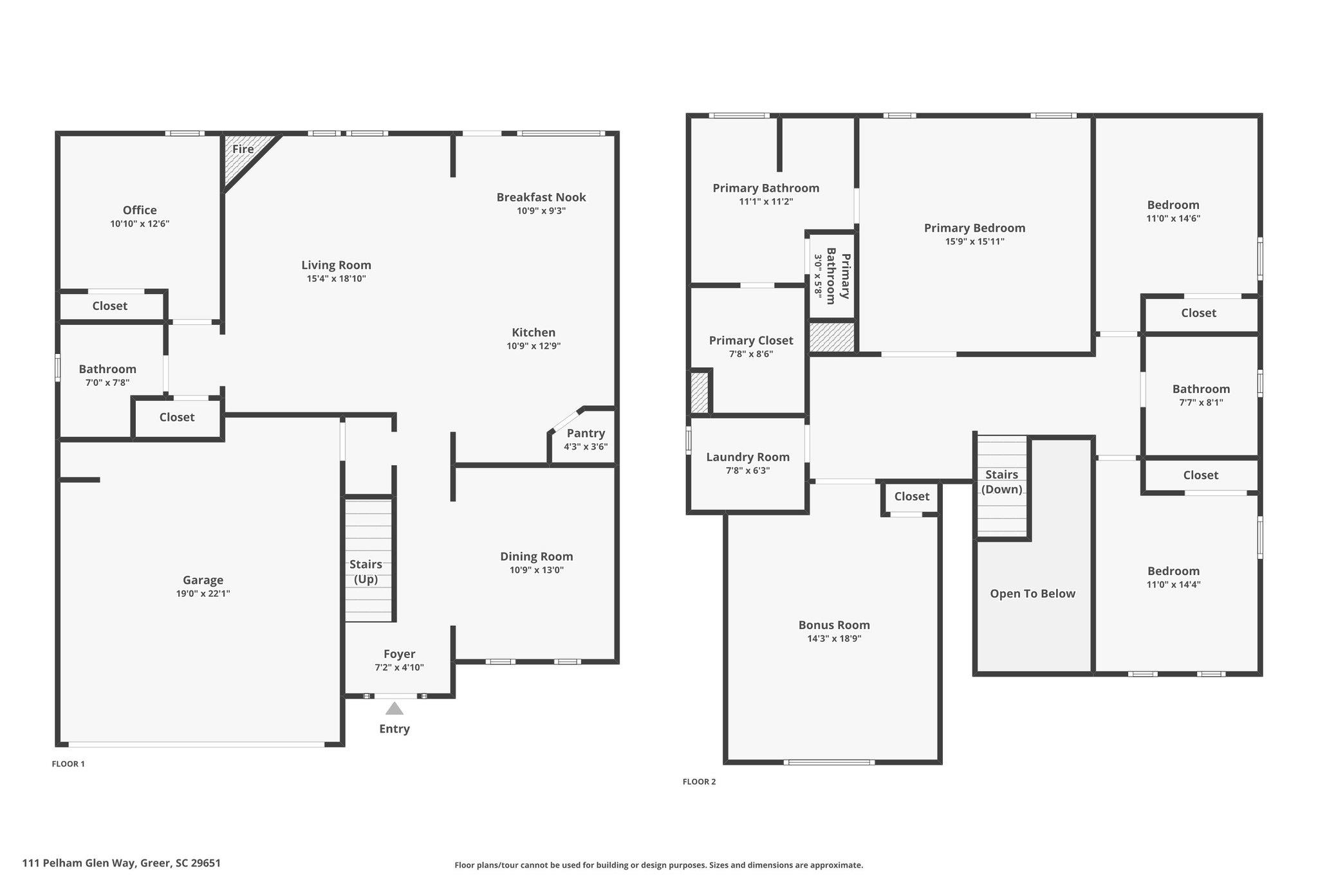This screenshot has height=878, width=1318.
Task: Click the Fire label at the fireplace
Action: (x=243, y=149)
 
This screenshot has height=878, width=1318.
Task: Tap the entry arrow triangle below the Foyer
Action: (x=394, y=708)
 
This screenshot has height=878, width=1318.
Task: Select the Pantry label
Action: (x=586, y=434)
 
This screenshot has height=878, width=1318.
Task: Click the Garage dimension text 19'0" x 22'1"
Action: (x=203, y=594)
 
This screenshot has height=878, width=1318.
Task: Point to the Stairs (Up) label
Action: (x=366, y=572)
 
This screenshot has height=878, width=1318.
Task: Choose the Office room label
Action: (x=140, y=210)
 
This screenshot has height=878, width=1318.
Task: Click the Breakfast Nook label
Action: (x=541, y=197)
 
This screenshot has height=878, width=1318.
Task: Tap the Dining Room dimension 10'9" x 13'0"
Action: (x=537, y=570)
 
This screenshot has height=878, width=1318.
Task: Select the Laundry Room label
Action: (x=748, y=457)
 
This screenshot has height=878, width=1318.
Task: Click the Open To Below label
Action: (x=1033, y=594)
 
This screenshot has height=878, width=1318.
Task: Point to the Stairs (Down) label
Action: (x=1002, y=482)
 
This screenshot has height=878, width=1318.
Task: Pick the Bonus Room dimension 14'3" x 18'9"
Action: (x=835, y=639)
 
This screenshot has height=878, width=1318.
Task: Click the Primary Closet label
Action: (x=751, y=341)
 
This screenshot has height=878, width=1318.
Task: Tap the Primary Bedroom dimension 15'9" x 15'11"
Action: (x=975, y=242)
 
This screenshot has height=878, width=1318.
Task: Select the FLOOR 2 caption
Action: (x=700, y=782)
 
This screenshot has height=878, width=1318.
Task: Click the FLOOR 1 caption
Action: (x=68, y=764)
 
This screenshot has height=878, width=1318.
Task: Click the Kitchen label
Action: (x=534, y=333)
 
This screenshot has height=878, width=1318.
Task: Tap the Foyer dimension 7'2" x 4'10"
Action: (x=400, y=668)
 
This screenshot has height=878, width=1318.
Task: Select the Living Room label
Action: (x=337, y=265)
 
